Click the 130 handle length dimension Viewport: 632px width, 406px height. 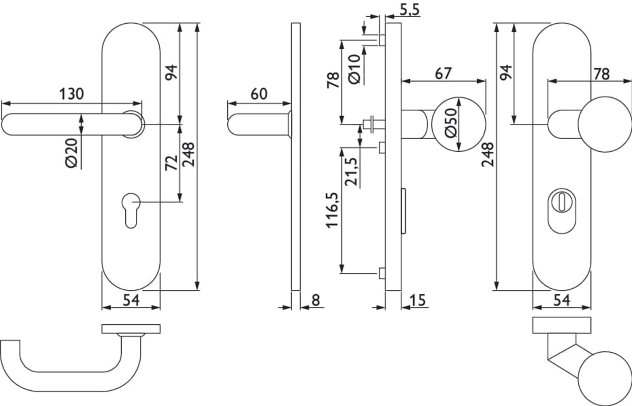[x=72, y=94]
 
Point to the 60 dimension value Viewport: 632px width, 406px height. [x=258, y=94]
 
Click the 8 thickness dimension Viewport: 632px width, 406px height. [x=315, y=300]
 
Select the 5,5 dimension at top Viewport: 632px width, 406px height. [x=409, y=10]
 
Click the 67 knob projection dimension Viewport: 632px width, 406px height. [x=443, y=73]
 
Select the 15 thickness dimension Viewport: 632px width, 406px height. [x=417, y=300]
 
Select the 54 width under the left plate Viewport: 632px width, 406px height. [x=131, y=300]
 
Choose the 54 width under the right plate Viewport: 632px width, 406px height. [x=561, y=300]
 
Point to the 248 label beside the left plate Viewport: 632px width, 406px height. [x=188, y=154]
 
